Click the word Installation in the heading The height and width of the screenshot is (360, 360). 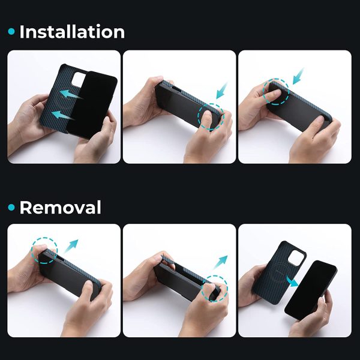click(72, 32)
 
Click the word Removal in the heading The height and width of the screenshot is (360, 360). click(61, 208)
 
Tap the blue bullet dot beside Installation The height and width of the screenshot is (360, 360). click(11, 31)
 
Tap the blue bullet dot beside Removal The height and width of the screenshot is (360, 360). click(11, 208)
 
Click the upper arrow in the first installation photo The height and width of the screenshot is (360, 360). click(71, 94)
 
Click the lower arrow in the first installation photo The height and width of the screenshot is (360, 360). click(62, 115)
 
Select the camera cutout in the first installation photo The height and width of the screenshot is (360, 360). click(79, 79)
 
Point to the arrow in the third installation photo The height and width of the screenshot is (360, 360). click(298, 76)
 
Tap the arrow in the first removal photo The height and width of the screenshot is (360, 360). click(71, 246)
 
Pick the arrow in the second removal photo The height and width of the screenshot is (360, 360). click(220, 262)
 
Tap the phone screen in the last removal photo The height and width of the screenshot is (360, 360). click(311, 290)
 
